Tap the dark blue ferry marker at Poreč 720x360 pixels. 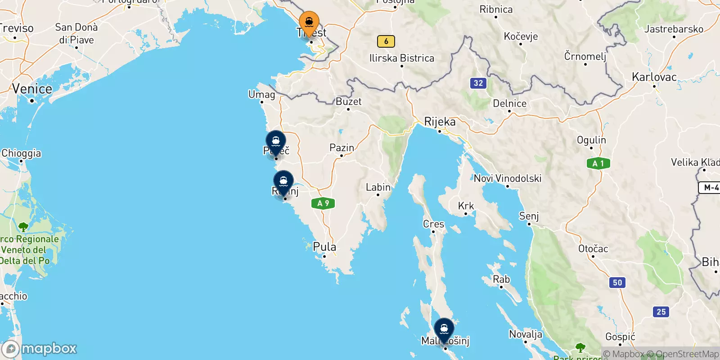point(276,142)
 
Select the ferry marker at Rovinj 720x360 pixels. point(283,182)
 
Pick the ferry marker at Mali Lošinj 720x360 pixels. point(444,329)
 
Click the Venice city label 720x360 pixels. point(32,89)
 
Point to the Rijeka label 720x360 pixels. point(440,122)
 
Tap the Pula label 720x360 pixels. point(324,247)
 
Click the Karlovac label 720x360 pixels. point(654,77)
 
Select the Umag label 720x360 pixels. point(261,94)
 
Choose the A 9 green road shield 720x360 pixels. point(323,203)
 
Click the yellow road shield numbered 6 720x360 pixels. point(386,41)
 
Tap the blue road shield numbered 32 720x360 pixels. point(478,83)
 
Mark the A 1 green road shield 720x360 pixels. point(598,163)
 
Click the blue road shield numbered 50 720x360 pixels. point(617,283)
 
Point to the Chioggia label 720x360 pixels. point(21,153)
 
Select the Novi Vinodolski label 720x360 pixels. point(507,179)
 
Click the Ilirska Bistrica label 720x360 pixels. point(401,58)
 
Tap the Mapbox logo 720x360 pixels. point(40,349)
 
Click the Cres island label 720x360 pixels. point(433,224)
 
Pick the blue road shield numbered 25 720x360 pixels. point(661,311)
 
